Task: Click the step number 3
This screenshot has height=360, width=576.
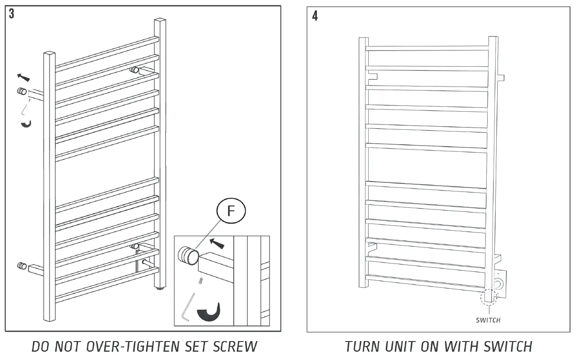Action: pos(11,14)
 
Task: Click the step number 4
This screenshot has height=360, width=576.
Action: pos(315,16)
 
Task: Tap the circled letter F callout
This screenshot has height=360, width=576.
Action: pos(231,211)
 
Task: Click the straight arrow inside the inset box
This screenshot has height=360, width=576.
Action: pos(217,244)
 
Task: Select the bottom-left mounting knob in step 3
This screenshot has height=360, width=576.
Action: pos(21,266)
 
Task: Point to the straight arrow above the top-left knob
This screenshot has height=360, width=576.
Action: pos(24,77)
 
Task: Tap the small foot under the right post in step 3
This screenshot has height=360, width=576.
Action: pos(159,287)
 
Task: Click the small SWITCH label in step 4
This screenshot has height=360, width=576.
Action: pos(488,320)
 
